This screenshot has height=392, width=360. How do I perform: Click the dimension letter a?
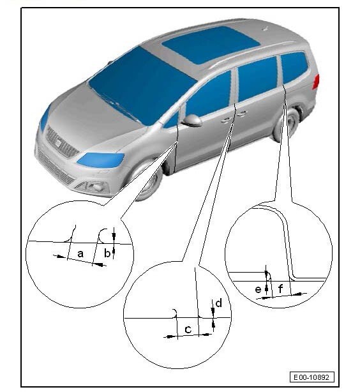(x=80, y=253)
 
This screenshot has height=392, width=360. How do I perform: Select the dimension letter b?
(x=107, y=253)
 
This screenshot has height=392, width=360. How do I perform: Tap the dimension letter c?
(x=188, y=329)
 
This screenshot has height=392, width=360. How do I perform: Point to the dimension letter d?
(x=218, y=303)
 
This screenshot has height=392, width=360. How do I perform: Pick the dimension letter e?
(x=258, y=289)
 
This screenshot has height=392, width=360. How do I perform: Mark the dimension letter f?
(x=280, y=289)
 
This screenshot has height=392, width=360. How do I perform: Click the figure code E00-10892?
(x=311, y=377)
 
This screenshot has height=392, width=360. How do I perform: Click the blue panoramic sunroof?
(x=211, y=44)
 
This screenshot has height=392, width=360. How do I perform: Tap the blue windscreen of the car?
(x=142, y=85)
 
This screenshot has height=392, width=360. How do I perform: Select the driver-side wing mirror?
(x=192, y=120)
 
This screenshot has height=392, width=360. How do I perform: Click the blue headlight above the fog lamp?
(x=100, y=160)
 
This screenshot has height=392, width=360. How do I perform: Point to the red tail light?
(x=316, y=82)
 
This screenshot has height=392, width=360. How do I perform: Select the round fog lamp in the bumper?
(x=98, y=187)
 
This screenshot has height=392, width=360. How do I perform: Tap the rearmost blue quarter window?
(x=294, y=67)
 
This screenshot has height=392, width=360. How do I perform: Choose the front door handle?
(x=225, y=120)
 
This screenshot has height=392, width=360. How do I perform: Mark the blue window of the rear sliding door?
(x=257, y=79)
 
